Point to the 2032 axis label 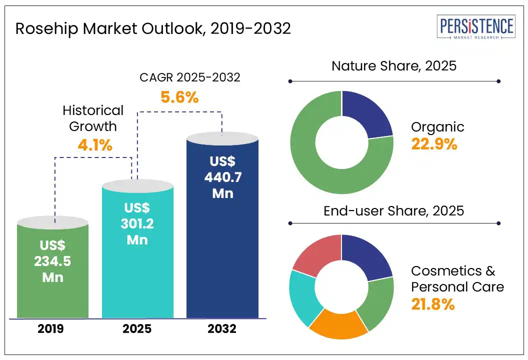(x=222, y=329)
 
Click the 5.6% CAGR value (x=179, y=97)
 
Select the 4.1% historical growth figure (x=95, y=145)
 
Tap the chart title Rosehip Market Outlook (x=153, y=28)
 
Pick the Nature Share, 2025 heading (x=394, y=65)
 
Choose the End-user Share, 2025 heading (x=394, y=210)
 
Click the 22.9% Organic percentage (x=434, y=144)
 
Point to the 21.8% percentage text (x=433, y=303)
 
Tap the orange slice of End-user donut (x=338, y=324)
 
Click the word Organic (x=437, y=127)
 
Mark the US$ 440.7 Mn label (x=222, y=177)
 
